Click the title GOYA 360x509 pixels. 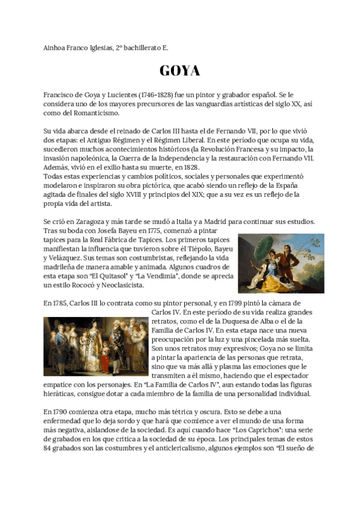pos(179,71)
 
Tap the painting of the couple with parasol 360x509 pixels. pos(281,263)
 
